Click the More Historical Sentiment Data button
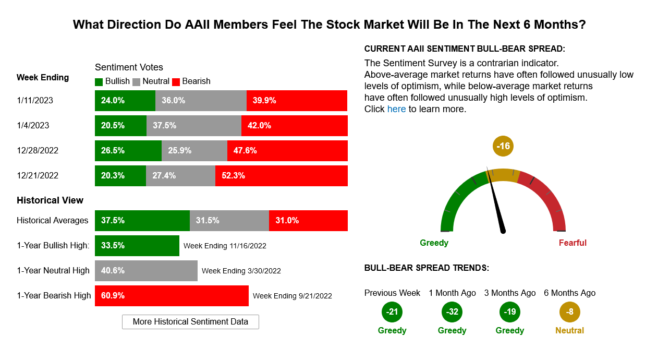(x=190, y=321)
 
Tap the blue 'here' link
(x=396, y=109)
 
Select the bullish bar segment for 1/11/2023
(x=125, y=101)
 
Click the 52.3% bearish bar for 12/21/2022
(x=282, y=176)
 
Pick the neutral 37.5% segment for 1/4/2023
(x=194, y=126)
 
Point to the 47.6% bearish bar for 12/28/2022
(x=287, y=151)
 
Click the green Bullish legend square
(x=99, y=82)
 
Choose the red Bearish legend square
(x=176, y=82)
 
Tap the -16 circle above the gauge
(x=503, y=146)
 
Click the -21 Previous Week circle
(x=392, y=312)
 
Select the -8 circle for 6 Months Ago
(x=570, y=312)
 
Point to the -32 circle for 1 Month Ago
(x=452, y=312)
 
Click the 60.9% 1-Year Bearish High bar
(x=172, y=296)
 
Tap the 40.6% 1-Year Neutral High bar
(x=146, y=271)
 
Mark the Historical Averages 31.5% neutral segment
(x=229, y=221)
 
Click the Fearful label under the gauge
(x=572, y=243)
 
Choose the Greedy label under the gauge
(x=434, y=243)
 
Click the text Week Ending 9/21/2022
(x=293, y=296)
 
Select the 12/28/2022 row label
(x=38, y=151)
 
